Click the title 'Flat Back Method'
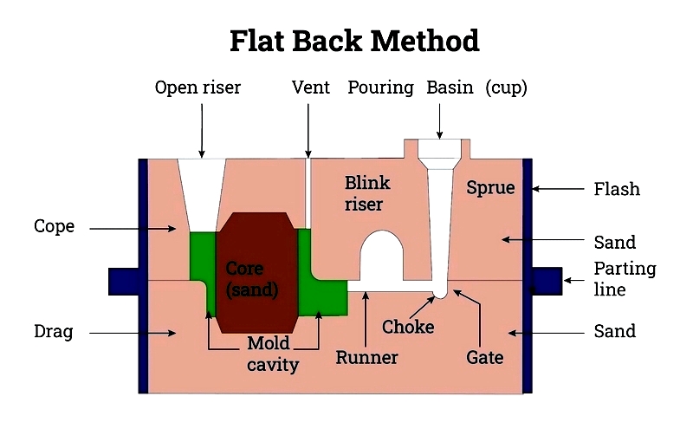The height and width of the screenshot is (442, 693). point(354,41)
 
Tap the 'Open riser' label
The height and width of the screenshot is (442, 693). point(198,88)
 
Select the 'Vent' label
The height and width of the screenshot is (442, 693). point(311,87)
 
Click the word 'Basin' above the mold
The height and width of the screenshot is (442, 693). point(450,87)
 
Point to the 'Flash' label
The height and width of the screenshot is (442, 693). point(617,189)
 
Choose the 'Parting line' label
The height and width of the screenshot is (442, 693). point(625,279)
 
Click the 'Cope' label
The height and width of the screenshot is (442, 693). point(54,226)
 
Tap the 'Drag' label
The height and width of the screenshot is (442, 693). point(54,331)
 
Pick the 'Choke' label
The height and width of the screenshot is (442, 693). point(408,327)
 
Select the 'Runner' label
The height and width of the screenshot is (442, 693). point(366,358)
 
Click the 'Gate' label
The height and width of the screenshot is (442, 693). point(484,358)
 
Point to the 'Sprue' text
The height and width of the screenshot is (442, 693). point(490,188)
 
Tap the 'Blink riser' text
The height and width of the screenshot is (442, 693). point(367,193)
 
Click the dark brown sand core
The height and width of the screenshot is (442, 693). point(256,273)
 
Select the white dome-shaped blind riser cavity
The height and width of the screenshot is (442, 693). point(382,256)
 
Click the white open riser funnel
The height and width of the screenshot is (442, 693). point(202,194)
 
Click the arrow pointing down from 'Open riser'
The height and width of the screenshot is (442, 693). point(202,131)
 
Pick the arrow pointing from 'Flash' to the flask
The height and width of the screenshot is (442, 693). point(558,189)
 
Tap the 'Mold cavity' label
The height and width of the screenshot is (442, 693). point(272,354)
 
